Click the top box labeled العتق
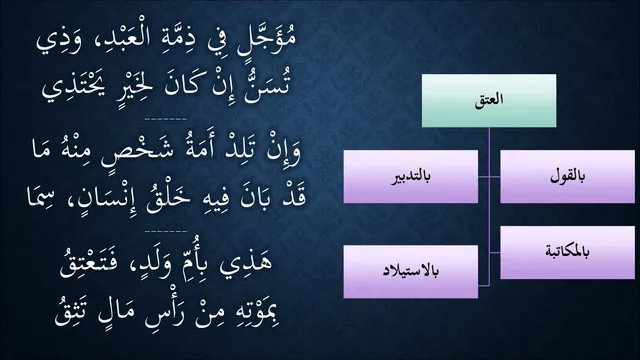(489, 100)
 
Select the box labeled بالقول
(567, 176)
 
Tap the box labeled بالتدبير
(411, 176)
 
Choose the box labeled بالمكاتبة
(567, 252)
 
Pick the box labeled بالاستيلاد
(411, 271)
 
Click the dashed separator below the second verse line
(166, 119)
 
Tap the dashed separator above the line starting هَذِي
(166, 231)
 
